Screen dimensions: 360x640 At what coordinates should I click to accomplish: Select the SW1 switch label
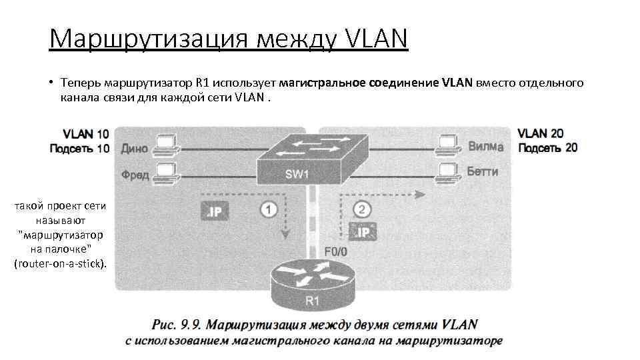pos(297,174)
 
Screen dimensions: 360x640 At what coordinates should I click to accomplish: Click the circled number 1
pos(268,210)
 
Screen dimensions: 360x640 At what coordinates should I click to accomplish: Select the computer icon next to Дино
pos(165,145)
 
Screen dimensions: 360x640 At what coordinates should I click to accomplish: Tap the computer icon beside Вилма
pos(447,145)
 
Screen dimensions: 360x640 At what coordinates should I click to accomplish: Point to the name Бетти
pos(483,171)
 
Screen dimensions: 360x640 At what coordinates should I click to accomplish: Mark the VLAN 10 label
pos(86,133)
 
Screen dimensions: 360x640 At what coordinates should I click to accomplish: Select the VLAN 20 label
pos(541,133)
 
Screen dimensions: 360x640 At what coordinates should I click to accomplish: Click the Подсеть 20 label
pos(547,147)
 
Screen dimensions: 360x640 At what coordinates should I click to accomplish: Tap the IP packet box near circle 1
pos(215,212)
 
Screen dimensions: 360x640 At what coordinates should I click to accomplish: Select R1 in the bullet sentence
pos(203,83)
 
